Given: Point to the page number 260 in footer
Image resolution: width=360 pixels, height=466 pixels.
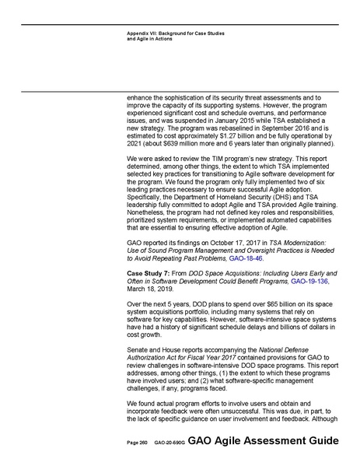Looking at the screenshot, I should click(144, 441).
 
